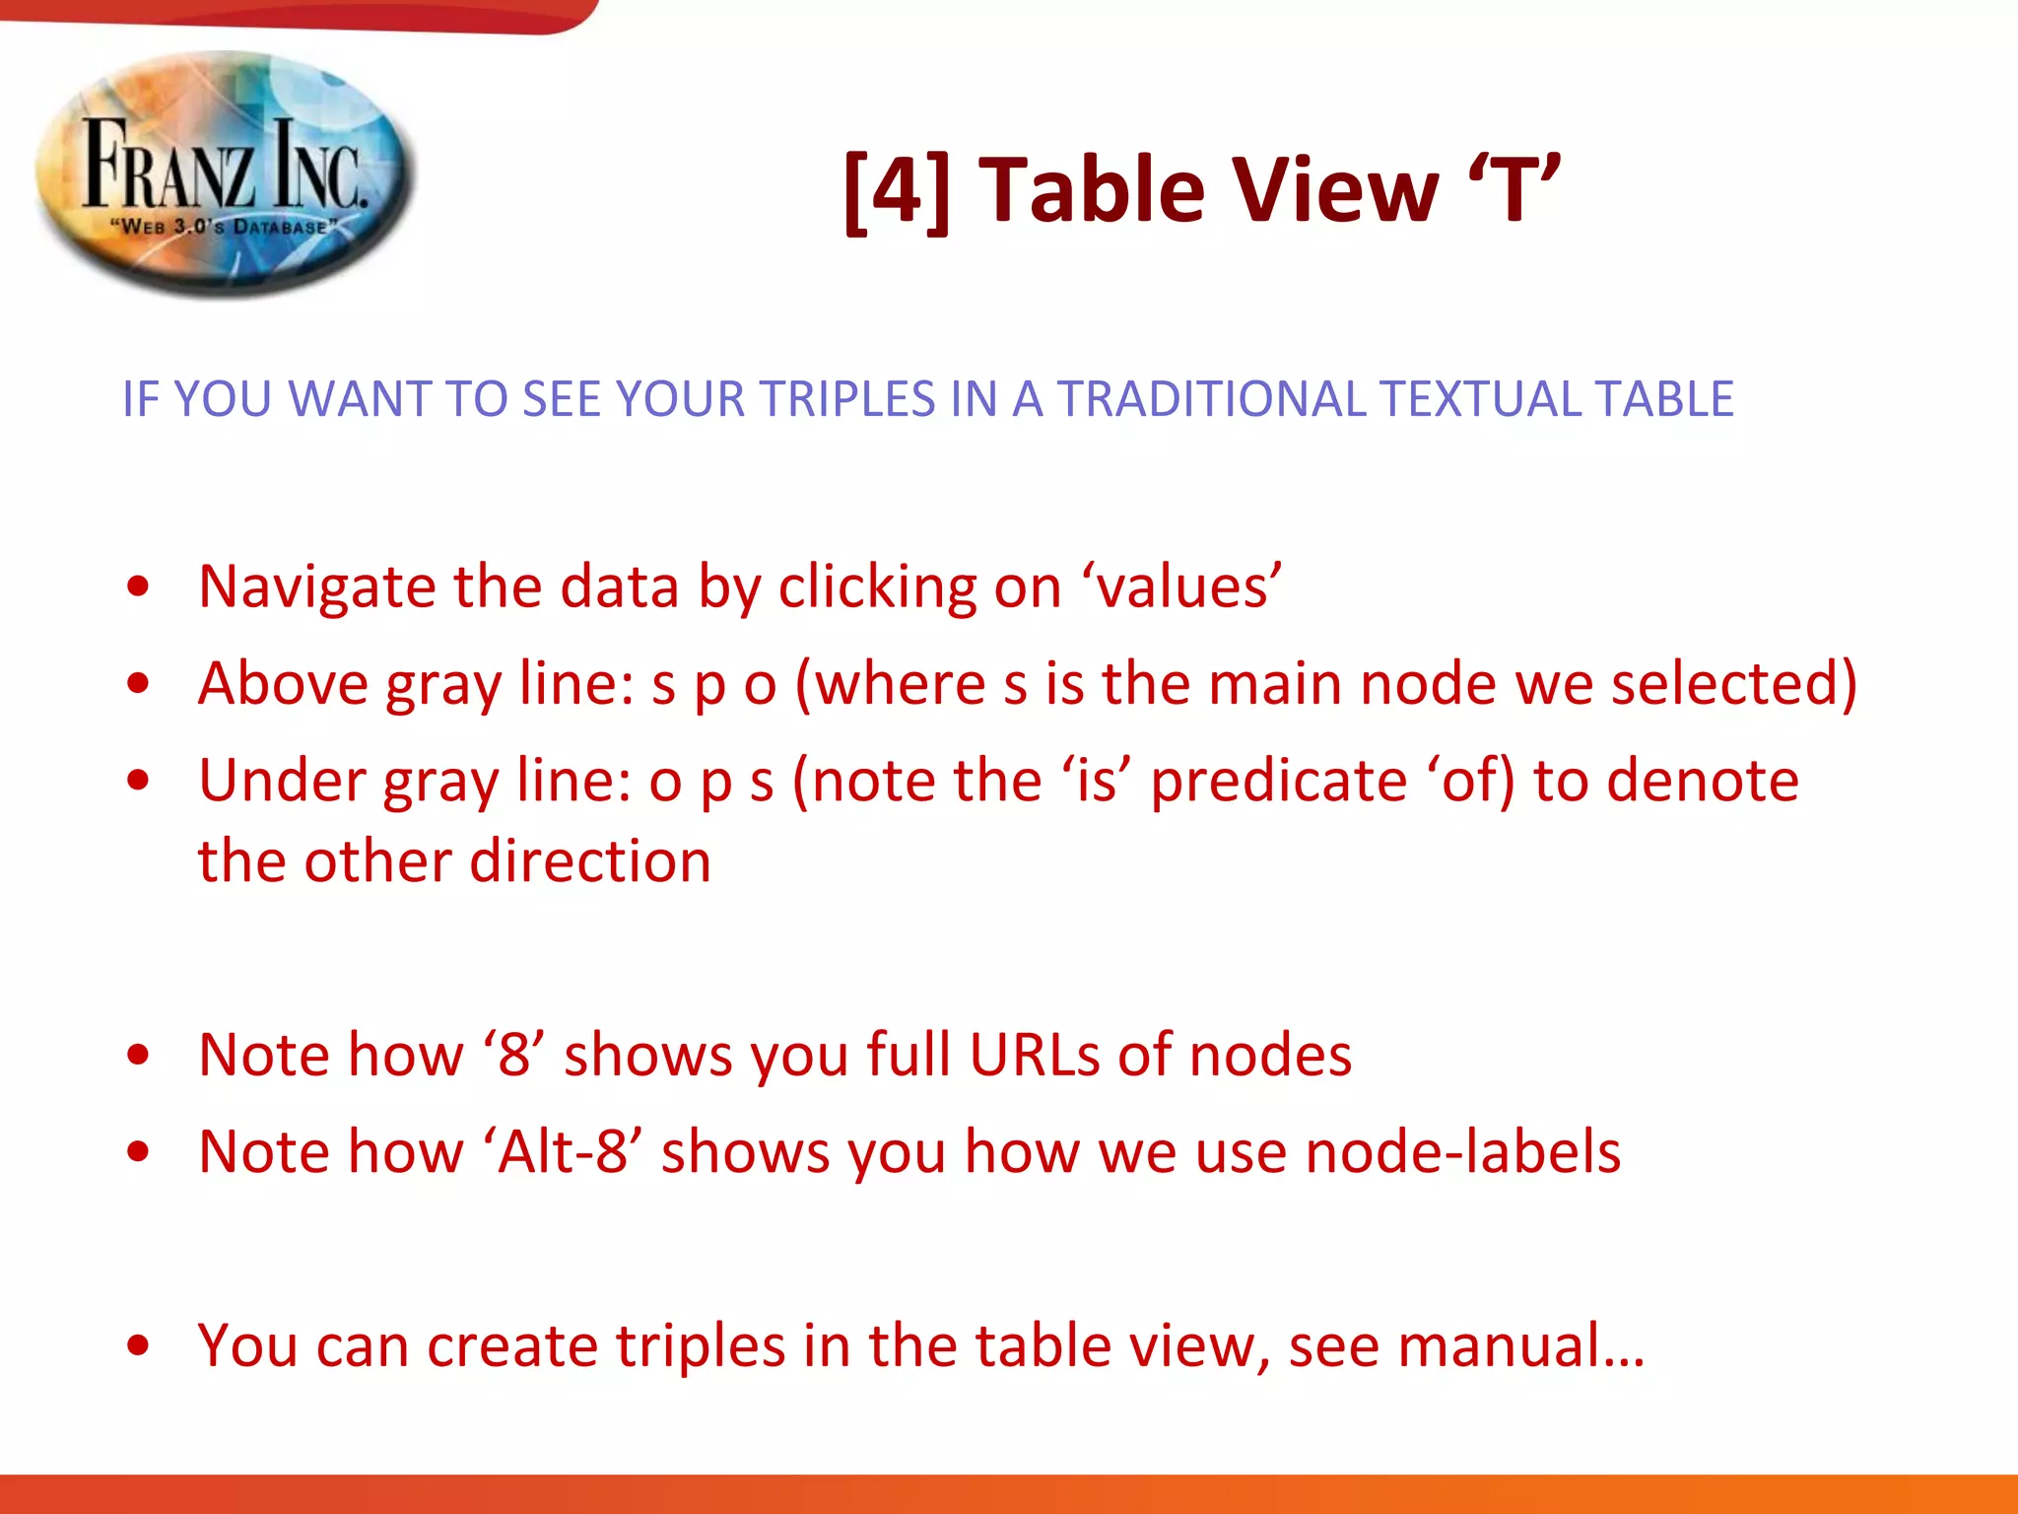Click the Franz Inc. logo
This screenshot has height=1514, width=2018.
(226, 173)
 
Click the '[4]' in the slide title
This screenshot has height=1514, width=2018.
(897, 190)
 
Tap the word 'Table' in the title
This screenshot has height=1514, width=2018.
(1089, 190)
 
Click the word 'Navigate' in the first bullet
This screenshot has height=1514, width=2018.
(316, 587)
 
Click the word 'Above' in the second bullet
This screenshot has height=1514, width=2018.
(283, 684)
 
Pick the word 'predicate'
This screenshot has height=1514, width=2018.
(1280, 781)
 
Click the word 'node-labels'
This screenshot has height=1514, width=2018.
(1463, 1151)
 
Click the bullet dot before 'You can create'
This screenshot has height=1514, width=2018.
(139, 1345)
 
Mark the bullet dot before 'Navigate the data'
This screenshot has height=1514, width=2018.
(139, 587)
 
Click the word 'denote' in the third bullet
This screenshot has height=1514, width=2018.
(1704, 781)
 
